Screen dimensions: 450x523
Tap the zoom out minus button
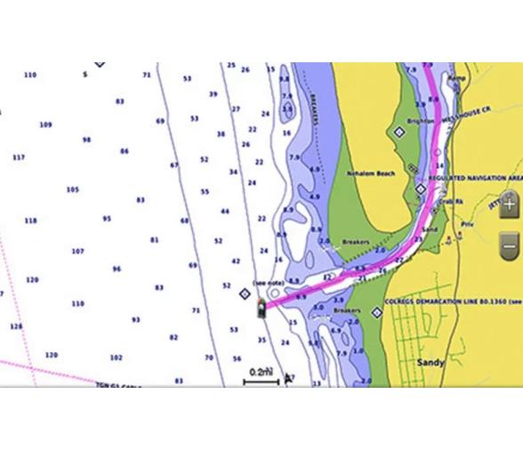click(509, 242)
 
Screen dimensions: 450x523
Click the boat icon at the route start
click(261, 308)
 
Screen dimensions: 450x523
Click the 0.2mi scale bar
click(261, 375)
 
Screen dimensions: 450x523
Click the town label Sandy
click(430, 363)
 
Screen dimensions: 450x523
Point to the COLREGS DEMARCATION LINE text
click(445, 313)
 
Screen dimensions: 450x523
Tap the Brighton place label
click(420, 121)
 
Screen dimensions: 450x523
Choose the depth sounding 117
click(19, 157)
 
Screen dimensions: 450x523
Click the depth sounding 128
click(16, 326)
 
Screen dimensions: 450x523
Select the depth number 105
click(72, 189)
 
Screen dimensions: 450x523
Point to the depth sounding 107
click(78, 252)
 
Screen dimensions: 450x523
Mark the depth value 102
click(116, 358)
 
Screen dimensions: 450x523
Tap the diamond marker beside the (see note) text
click(246, 293)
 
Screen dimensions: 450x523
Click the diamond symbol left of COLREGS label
click(376, 313)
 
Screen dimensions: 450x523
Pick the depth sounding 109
click(45, 125)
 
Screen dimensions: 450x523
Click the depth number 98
click(86, 140)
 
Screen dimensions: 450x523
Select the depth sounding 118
click(30, 221)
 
